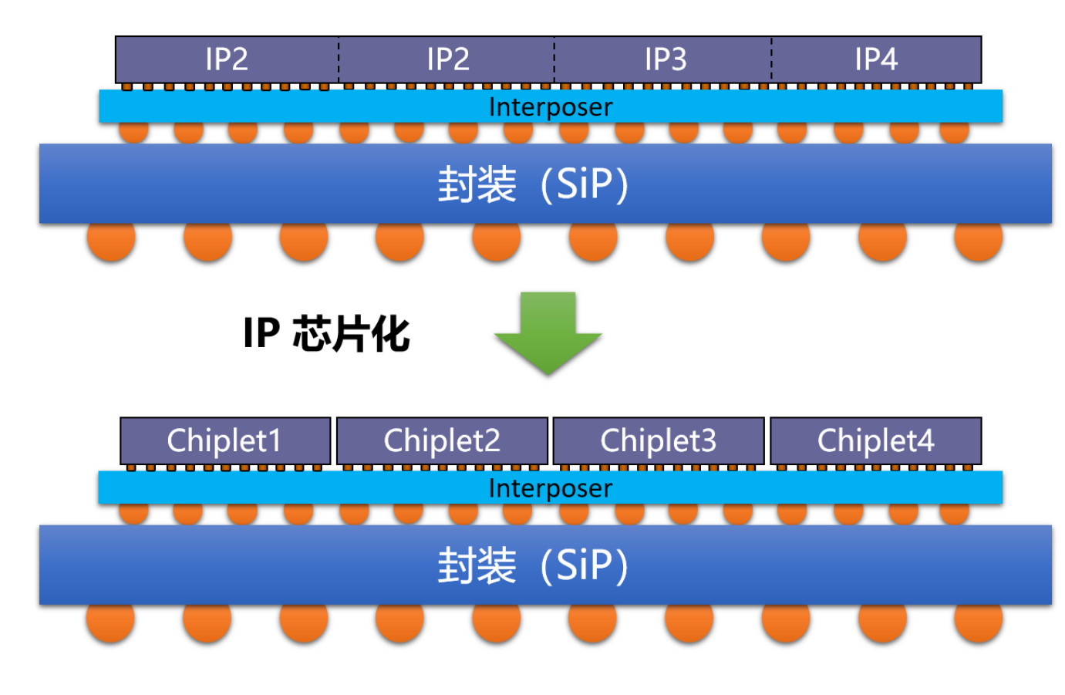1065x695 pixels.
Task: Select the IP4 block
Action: (x=876, y=59)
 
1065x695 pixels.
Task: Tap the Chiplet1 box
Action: (x=225, y=441)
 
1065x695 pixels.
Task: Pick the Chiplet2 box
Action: (x=442, y=441)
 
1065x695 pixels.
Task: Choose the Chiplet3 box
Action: (x=659, y=441)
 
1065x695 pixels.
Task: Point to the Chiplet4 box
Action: (x=875, y=441)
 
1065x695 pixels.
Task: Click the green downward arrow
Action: (x=548, y=332)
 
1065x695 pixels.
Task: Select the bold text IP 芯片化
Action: (x=326, y=334)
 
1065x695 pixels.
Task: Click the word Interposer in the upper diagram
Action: (x=551, y=107)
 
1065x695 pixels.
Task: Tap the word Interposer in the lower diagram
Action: (x=551, y=488)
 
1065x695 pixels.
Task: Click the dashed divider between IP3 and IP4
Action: (x=771, y=59)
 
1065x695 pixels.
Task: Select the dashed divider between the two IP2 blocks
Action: (x=338, y=59)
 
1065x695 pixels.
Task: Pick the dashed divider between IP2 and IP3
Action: (x=554, y=59)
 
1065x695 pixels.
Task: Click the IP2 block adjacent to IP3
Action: (x=447, y=59)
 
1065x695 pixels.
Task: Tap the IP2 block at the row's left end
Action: (x=226, y=59)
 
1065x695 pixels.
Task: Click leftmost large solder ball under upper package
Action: (x=111, y=241)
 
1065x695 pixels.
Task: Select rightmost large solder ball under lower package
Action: (x=978, y=622)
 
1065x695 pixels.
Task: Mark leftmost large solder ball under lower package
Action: (x=110, y=622)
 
